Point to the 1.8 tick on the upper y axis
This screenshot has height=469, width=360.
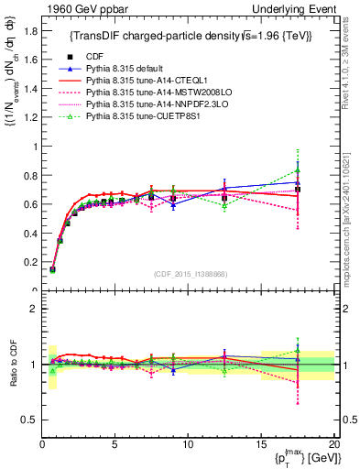[x=30, y=30]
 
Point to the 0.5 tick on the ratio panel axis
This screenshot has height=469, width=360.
[x=30, y=420]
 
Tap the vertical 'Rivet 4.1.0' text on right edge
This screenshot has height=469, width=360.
[x=352, y=55]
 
